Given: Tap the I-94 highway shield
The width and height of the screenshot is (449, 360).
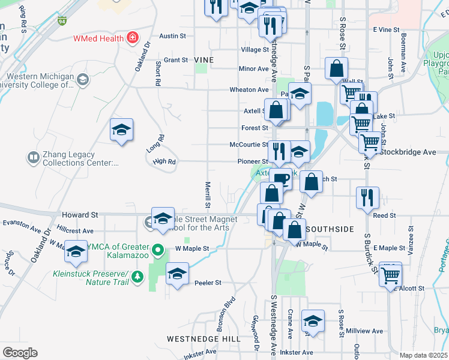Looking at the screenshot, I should (x=62, y=22).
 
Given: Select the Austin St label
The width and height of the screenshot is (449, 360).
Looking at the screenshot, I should (x=172, y=36).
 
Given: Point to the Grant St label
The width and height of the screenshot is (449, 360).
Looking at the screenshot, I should (x=176, y=60).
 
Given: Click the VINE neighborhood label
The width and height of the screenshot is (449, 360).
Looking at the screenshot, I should (x=204, y=60).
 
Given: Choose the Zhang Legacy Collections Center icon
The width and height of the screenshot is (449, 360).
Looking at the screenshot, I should (x=32, y=158).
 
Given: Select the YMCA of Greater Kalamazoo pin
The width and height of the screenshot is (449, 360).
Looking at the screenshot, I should (x=158, y=248).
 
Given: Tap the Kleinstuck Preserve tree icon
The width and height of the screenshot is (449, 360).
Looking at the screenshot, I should (x=138, y=277).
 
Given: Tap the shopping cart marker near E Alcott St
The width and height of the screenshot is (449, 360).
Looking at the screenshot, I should (x=391, y=275).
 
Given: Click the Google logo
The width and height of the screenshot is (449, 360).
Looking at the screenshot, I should (x=20, y=353).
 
